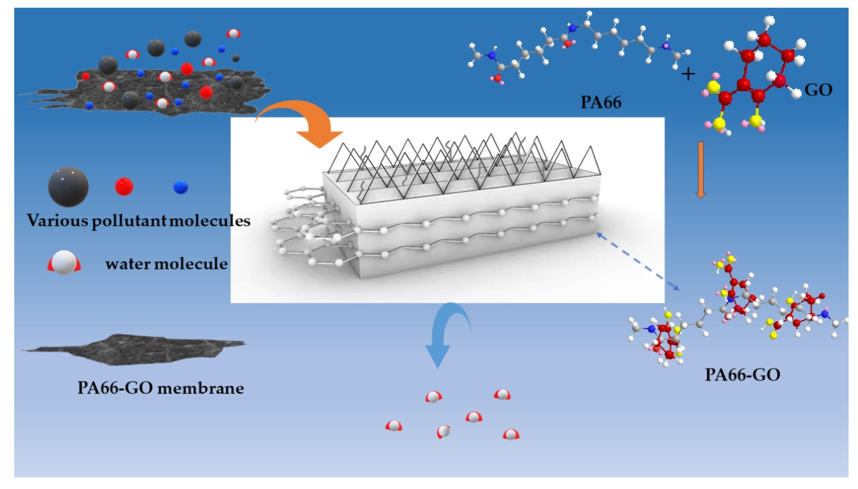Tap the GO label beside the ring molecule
(x=818, y=90)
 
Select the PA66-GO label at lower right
(x=742, y=374)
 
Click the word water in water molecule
(x=128, y=264)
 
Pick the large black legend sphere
(x=68, y=187)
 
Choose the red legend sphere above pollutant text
(x=124, y=186)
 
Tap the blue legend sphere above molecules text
(x=180, y=187)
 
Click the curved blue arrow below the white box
(x=444, y=332)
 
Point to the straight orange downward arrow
(x=700, y=170)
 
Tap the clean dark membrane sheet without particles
(x=135, y=349)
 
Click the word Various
(x=57, y=221)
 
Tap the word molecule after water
(x=191, y=264)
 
